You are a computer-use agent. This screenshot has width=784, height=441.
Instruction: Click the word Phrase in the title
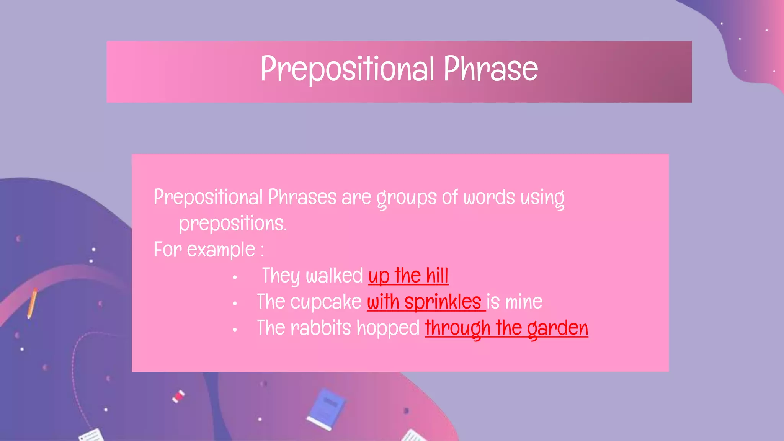coord(491,69)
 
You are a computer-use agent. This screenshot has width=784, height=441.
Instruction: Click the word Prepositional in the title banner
coord(347,69)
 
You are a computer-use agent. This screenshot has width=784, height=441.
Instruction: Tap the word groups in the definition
coord(406,198)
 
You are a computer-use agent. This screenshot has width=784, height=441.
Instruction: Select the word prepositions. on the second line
coord(233,224)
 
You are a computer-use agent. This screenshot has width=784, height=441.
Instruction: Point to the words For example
coord(204,250)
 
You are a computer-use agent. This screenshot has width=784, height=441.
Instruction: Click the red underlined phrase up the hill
coord(408,276)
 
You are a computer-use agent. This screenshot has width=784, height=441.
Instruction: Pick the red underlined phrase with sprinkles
coord(424,302)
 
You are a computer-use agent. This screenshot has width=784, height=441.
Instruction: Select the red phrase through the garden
coord(506,328)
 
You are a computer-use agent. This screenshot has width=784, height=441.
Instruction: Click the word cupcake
coord(326,302)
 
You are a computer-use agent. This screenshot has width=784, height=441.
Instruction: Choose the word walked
coord(334,276)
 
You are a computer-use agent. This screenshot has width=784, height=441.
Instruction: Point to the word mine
coord(523,302)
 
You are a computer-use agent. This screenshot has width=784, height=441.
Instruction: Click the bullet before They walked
coord(235,277)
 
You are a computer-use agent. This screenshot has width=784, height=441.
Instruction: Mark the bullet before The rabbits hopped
coord(235,330)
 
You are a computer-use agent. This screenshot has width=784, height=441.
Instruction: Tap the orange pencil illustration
coord(32,303)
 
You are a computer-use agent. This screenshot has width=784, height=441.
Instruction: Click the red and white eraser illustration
coord(178,396)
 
